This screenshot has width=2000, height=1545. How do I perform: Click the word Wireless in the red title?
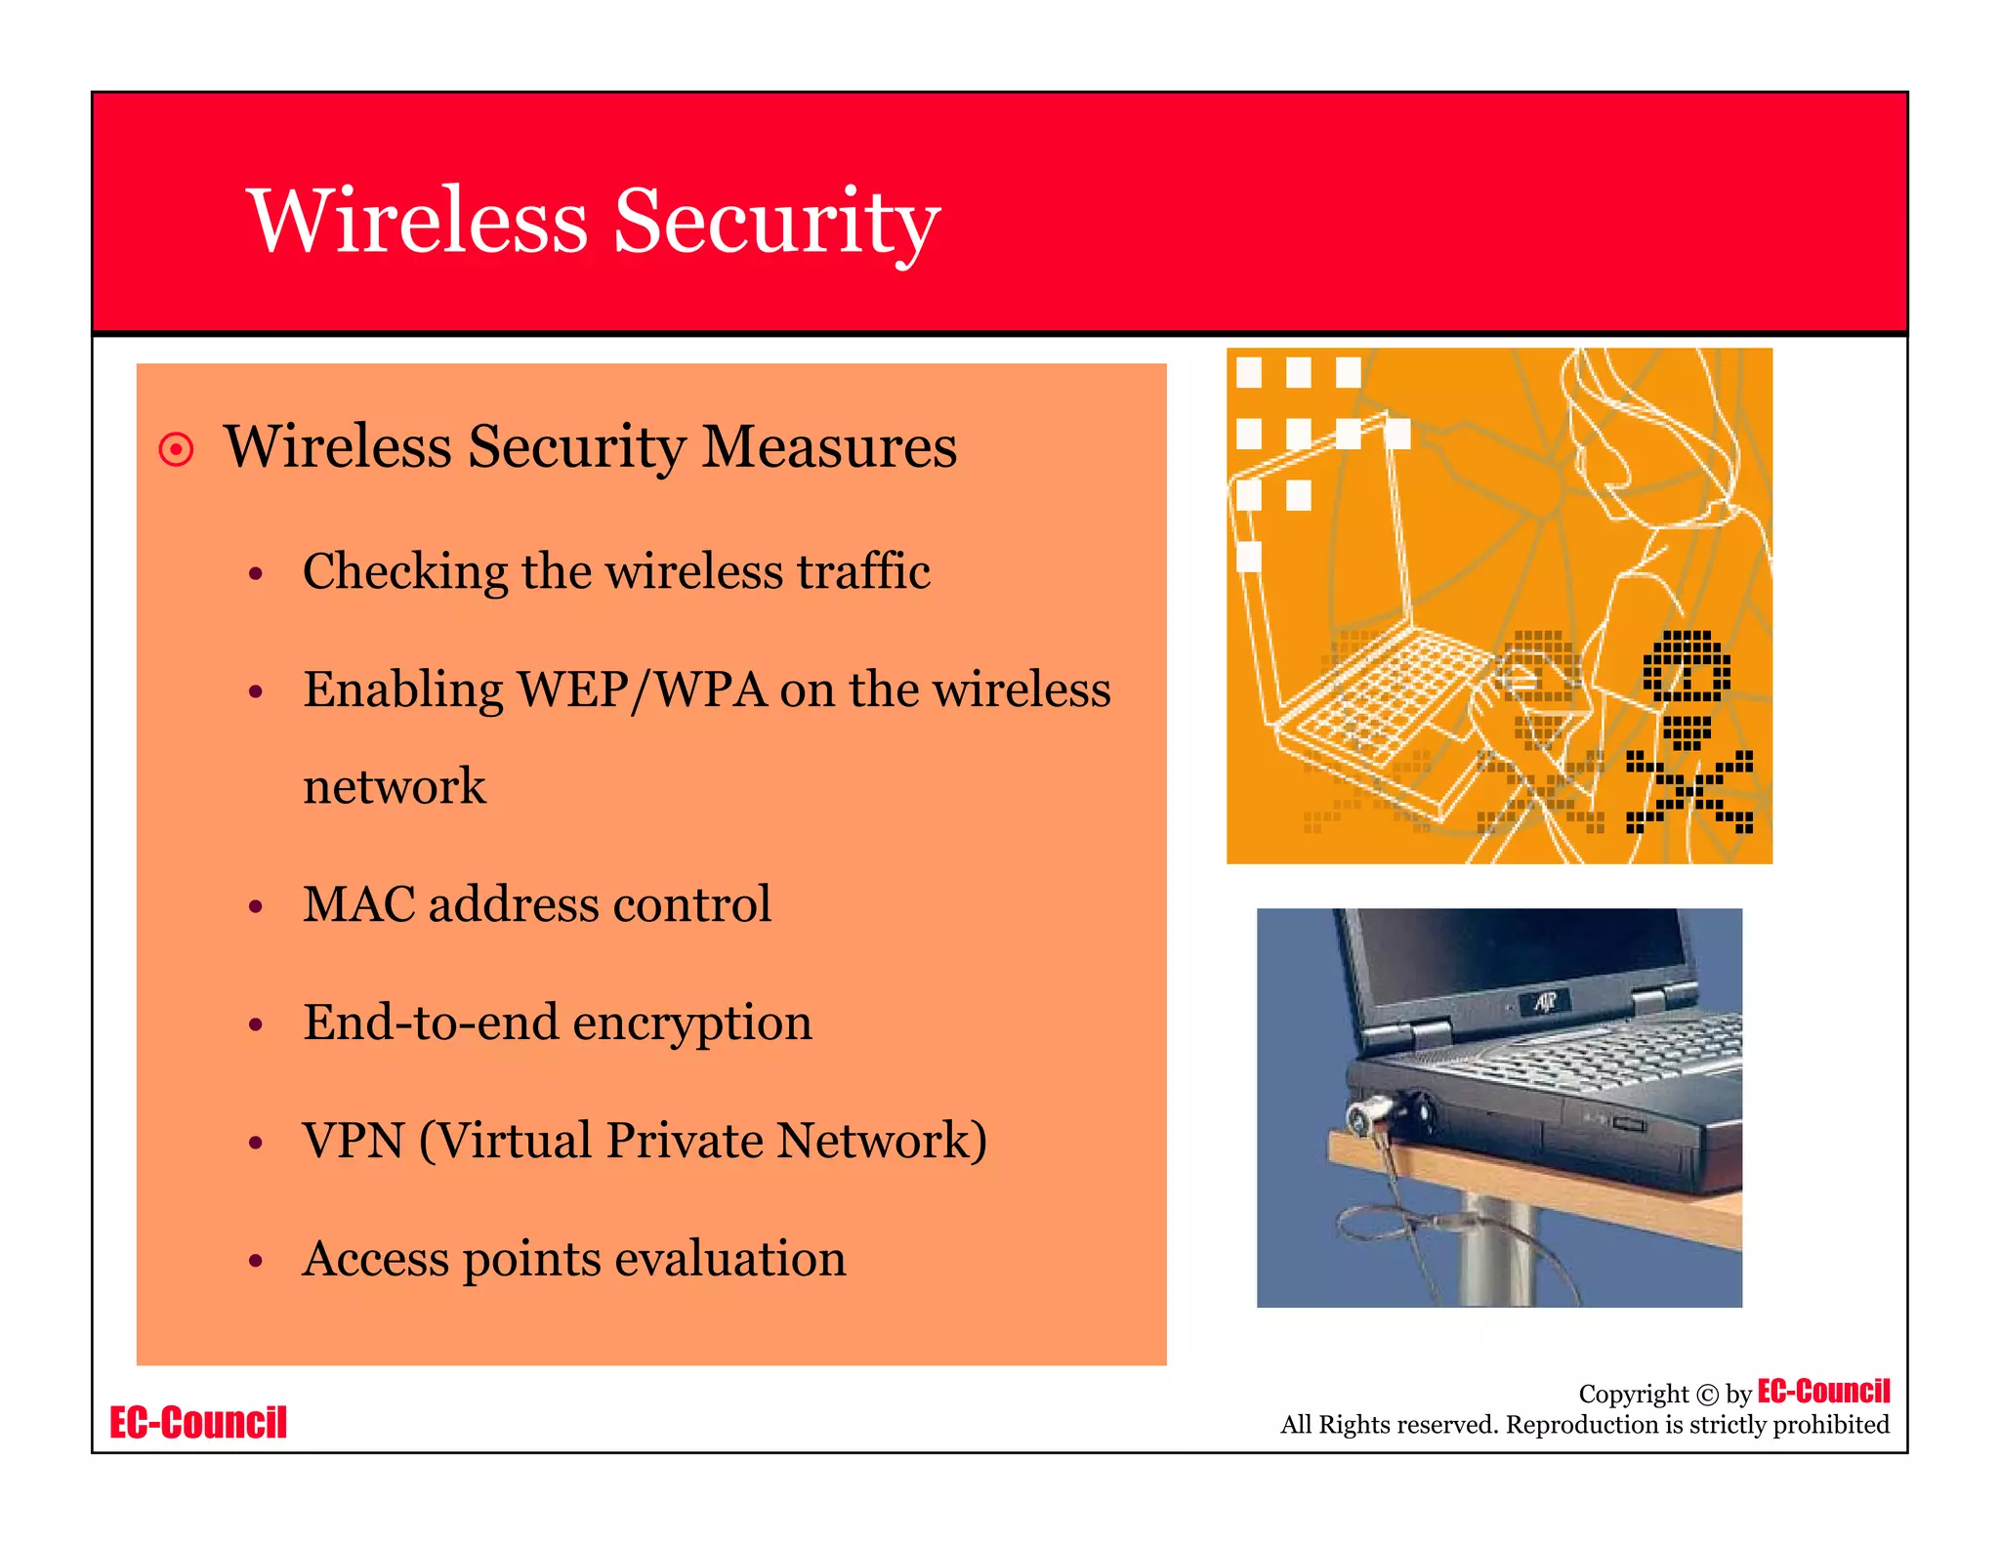point(418,222)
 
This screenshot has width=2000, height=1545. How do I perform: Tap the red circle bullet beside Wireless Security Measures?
point(176,450)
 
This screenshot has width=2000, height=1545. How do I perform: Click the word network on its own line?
point(394,787)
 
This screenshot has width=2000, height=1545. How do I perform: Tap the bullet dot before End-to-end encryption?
point(256,1024)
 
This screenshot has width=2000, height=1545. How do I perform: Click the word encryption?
point(692,1023)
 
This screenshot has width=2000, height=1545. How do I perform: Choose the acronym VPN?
point(354,1141)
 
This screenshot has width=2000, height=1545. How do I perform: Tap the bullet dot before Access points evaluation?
point(256,1261)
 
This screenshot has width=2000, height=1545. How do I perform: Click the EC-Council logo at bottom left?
point(198,1423)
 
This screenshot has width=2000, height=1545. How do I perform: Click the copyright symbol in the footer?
point(1707,1395)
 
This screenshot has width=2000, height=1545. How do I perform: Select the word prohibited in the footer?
point(1830,1425)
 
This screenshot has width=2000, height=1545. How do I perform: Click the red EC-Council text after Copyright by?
point(1823,1391)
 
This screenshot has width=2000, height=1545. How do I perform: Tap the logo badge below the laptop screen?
point(1545,1002)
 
